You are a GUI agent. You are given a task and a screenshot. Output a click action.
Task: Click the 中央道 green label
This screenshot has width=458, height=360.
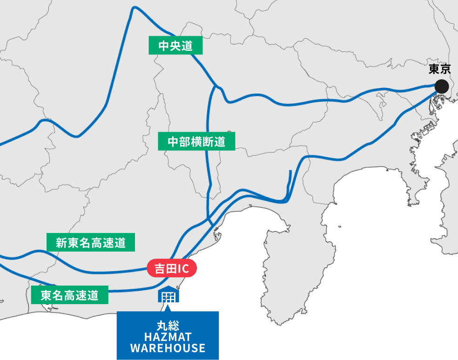point(175,46)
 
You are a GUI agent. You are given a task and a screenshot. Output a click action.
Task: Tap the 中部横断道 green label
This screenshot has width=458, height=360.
point(196,142)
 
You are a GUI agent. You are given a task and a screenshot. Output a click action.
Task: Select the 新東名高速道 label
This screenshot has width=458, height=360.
point(91,242)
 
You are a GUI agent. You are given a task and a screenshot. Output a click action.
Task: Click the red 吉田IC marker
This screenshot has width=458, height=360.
point(172,268)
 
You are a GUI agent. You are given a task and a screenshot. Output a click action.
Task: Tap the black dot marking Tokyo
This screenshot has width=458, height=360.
point(441,87)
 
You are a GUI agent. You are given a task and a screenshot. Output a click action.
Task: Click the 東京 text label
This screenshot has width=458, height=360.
point(440,69)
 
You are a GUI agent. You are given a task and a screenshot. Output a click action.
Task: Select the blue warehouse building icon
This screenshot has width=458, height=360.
point(168,294)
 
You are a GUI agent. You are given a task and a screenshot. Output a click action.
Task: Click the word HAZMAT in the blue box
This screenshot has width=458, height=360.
point(168,336)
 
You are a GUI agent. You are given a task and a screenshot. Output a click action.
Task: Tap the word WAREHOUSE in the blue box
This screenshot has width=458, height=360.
point(168,348)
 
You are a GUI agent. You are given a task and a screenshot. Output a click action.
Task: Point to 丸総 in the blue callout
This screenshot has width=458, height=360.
point(168,325)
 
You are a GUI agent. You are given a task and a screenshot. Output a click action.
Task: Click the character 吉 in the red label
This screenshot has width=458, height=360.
point(159,269)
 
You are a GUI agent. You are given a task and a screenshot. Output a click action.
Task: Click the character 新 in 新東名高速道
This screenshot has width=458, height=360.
point(61,243)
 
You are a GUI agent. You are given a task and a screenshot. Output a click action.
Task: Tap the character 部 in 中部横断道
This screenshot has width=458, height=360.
point(185,142)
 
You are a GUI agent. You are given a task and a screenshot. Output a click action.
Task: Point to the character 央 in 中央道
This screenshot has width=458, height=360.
point(175,46)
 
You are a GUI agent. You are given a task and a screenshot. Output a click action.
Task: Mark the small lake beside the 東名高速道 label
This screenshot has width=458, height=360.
point(47,307)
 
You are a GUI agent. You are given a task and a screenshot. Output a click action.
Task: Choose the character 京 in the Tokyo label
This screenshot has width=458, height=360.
point(445,69)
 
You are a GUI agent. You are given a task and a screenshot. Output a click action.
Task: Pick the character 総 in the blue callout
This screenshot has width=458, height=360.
point(173,325)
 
